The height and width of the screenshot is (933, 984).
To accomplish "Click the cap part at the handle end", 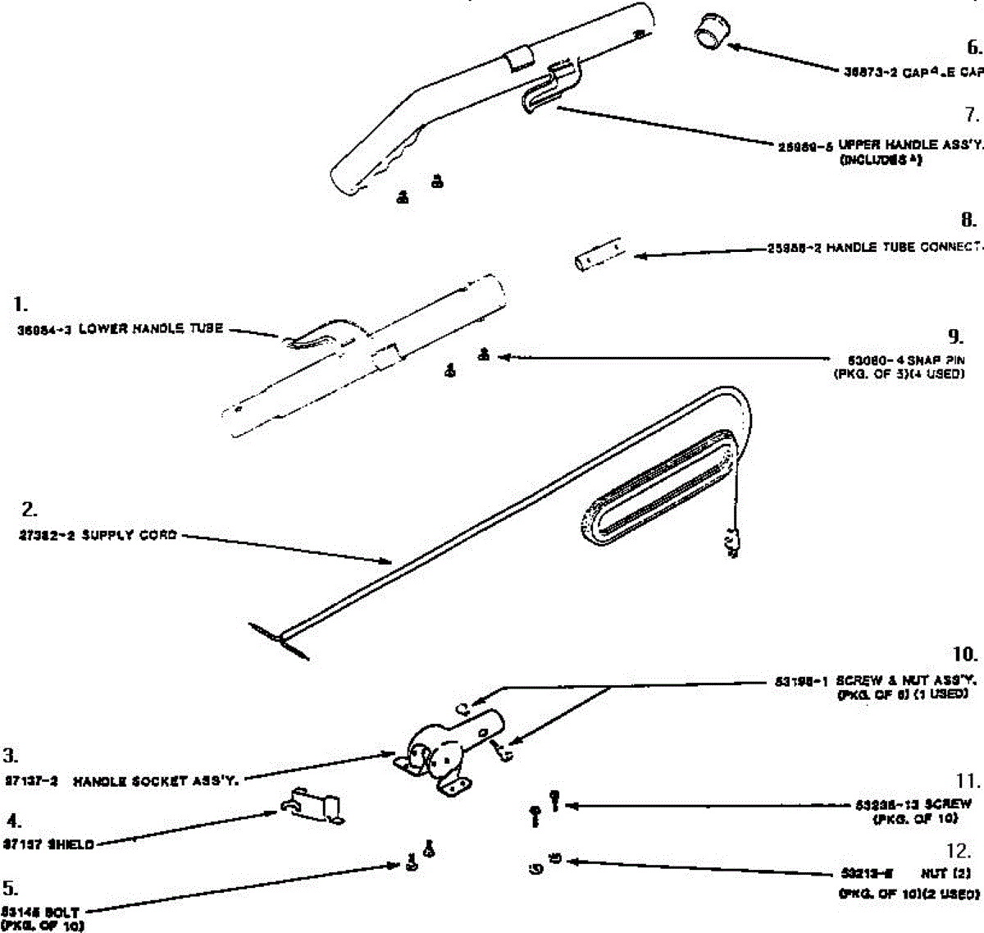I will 710,34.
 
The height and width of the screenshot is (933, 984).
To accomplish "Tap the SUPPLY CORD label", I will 130,536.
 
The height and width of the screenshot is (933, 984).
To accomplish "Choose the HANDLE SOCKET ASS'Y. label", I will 156,782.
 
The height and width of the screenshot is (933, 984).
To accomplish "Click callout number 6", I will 973,47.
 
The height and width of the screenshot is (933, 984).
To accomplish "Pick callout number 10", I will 965,655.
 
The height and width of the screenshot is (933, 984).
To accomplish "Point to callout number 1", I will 20,304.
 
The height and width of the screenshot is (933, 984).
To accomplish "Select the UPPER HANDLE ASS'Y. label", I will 909,144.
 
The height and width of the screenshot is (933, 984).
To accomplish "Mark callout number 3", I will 11,756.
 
